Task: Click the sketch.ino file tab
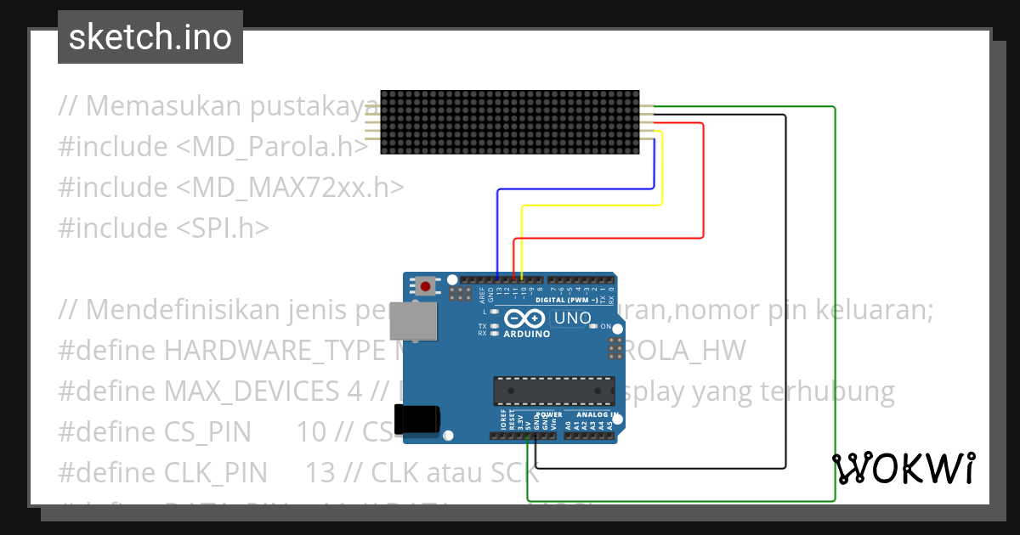coord(150,37)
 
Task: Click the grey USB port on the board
coord(414,321)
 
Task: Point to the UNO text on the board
coord(572,318)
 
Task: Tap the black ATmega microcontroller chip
coord(553,390)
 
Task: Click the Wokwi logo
coord(903,468)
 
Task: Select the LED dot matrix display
coord(509,123)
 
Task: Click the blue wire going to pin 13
coord(578,189)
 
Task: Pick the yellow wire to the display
coord(595,206)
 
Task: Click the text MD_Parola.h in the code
coord(272,146)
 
